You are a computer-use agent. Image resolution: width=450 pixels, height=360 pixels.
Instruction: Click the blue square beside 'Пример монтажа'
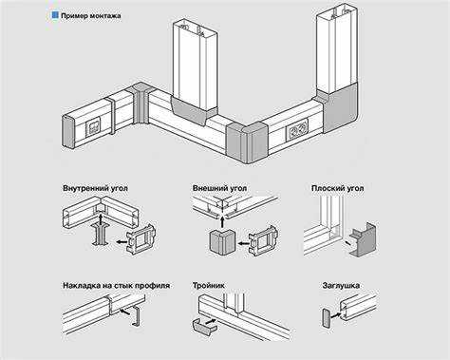pyautogui.click(x=55, y=15)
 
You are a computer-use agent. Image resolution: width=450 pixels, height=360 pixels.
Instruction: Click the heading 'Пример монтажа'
pyautogui.click(x=91, y=16)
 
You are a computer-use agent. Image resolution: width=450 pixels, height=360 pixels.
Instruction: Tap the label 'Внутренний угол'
pyautogui.click(x=95, y=188)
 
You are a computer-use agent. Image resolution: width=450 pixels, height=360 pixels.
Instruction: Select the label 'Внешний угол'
pyautogui.click(x=219, y=188)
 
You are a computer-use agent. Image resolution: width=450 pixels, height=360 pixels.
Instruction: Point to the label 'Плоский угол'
pyautogui.click(x=337, y=188)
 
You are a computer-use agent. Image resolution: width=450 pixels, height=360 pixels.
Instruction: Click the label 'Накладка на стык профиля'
pyautogui.click(x=116, y=286)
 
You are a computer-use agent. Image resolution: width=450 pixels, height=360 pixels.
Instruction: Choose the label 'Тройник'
pyautogui.click(x=209, y=286)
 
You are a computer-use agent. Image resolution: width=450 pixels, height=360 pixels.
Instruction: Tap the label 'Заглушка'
pyautogui.click(x=341, y=286)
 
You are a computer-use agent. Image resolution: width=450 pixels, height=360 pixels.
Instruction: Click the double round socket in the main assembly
pyautogui.click(x=297, y=130)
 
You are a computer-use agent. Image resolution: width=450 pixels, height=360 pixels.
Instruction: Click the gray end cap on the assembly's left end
pyautogui.click(x=68, y=131)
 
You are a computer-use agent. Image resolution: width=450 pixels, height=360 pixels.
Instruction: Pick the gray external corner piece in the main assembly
pyautogui.click(x=247, y=142)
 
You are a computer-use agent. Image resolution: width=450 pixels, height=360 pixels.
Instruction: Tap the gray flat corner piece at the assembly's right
pyautogui.click(x=341, y=106)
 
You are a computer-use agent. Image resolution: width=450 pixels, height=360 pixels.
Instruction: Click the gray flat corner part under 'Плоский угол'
pyautogui.click(x=364, y=239)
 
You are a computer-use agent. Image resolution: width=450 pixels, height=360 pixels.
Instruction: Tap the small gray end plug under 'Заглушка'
pyautogui.click(x=327, y=318)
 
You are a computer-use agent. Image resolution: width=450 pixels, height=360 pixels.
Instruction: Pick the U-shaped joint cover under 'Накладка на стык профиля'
pyautogui.click(x=137, y=316)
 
